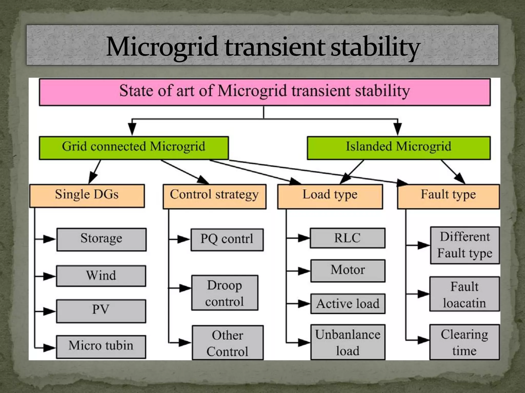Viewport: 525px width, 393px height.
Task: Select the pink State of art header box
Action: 265,92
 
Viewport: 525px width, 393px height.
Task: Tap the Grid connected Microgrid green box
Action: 134,148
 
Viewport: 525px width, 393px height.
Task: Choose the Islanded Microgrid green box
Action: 398,148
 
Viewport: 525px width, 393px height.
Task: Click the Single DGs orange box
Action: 87,195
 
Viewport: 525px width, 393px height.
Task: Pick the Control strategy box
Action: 214,196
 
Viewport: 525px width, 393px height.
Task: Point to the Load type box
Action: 330,196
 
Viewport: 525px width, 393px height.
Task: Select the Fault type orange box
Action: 448,196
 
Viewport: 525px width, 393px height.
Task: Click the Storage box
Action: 101,239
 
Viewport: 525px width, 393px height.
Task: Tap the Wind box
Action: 101,276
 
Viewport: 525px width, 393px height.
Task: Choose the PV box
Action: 101,311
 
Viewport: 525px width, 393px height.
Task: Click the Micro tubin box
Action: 101,346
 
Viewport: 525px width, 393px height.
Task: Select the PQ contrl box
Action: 227,239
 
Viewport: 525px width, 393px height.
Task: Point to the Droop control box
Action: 225,293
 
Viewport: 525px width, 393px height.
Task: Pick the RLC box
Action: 347,238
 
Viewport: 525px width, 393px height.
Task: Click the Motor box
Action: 348,271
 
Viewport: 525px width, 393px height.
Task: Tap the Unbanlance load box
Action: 348,342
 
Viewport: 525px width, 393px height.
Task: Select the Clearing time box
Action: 464,342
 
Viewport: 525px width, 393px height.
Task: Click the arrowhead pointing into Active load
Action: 305,304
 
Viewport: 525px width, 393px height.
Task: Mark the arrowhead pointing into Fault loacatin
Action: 423,294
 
